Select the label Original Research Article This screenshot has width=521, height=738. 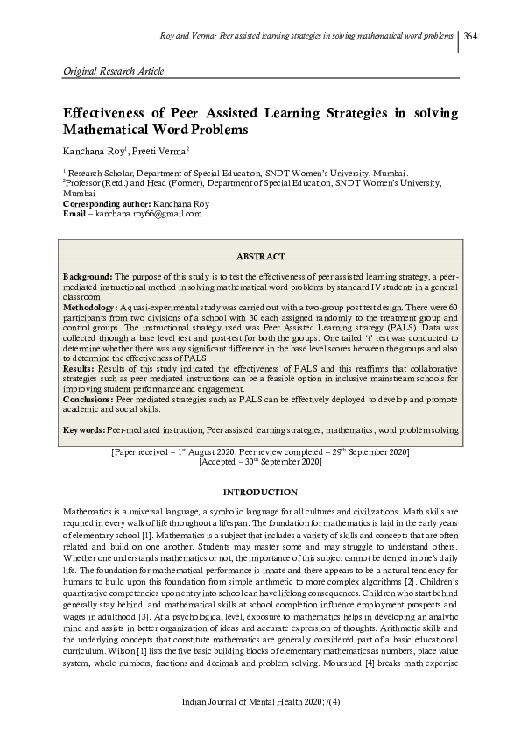[x=115, y=70]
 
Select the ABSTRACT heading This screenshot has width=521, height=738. [x=260, y=256]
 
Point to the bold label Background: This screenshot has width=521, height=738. [x=88, y=276]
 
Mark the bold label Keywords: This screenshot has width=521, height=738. [x=85, y=429]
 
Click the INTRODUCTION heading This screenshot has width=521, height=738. [x=260, y=493]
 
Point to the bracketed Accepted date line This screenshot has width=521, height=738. [x=260, y=461]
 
